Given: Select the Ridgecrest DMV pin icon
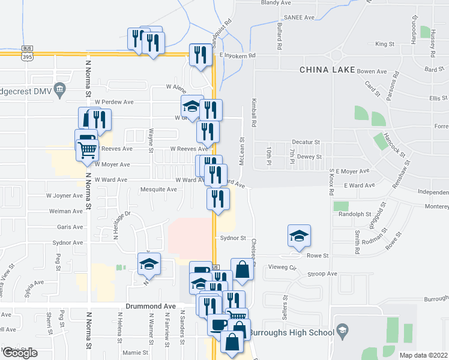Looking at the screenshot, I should [x=59, y=91].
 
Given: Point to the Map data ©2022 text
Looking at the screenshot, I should [x=424, y=355].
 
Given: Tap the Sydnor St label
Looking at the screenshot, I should [x=234, y=238].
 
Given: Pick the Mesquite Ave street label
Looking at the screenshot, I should [x=158, y=190].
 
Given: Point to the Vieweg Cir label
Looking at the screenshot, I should [x=282, y=267].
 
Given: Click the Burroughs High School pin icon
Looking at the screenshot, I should [x=342, y=329].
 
